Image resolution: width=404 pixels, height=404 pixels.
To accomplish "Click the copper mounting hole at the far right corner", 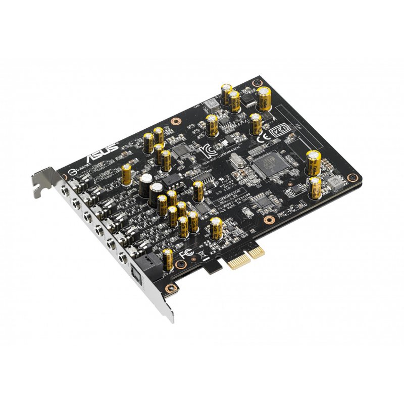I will [356, 178].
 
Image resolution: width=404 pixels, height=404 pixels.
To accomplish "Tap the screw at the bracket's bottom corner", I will [173, 289].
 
